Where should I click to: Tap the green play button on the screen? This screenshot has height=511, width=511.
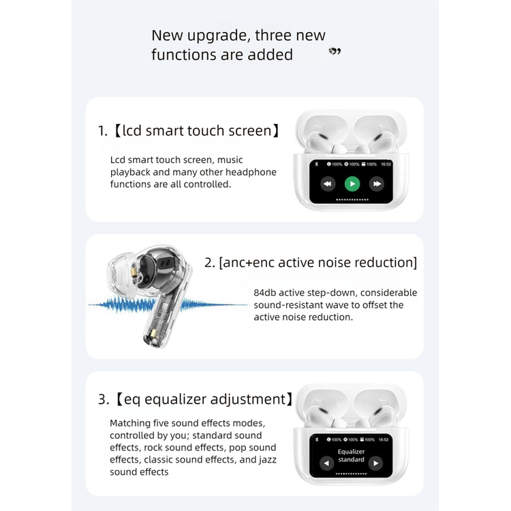coord(352,184)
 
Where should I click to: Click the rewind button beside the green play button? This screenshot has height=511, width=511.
coord(328,184)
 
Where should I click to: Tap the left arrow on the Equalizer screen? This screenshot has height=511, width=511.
coord(326,463)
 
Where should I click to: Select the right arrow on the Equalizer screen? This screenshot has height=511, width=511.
coord(375,463)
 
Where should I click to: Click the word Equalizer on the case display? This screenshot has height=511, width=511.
coord(351,452)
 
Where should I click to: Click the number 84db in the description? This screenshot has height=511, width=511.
coord(264,293)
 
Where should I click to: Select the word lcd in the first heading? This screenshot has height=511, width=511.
coord(132,130)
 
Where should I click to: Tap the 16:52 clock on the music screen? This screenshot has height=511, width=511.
coord(386,164)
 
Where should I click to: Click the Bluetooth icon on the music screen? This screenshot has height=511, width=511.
coord(316,164)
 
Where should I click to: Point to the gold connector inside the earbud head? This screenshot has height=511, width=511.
coord(134,273)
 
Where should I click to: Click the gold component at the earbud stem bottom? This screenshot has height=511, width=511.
coord(154,334)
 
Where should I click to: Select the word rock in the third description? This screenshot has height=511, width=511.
coord(153,448)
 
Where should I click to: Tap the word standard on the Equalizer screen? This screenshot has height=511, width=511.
coord(351,459)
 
